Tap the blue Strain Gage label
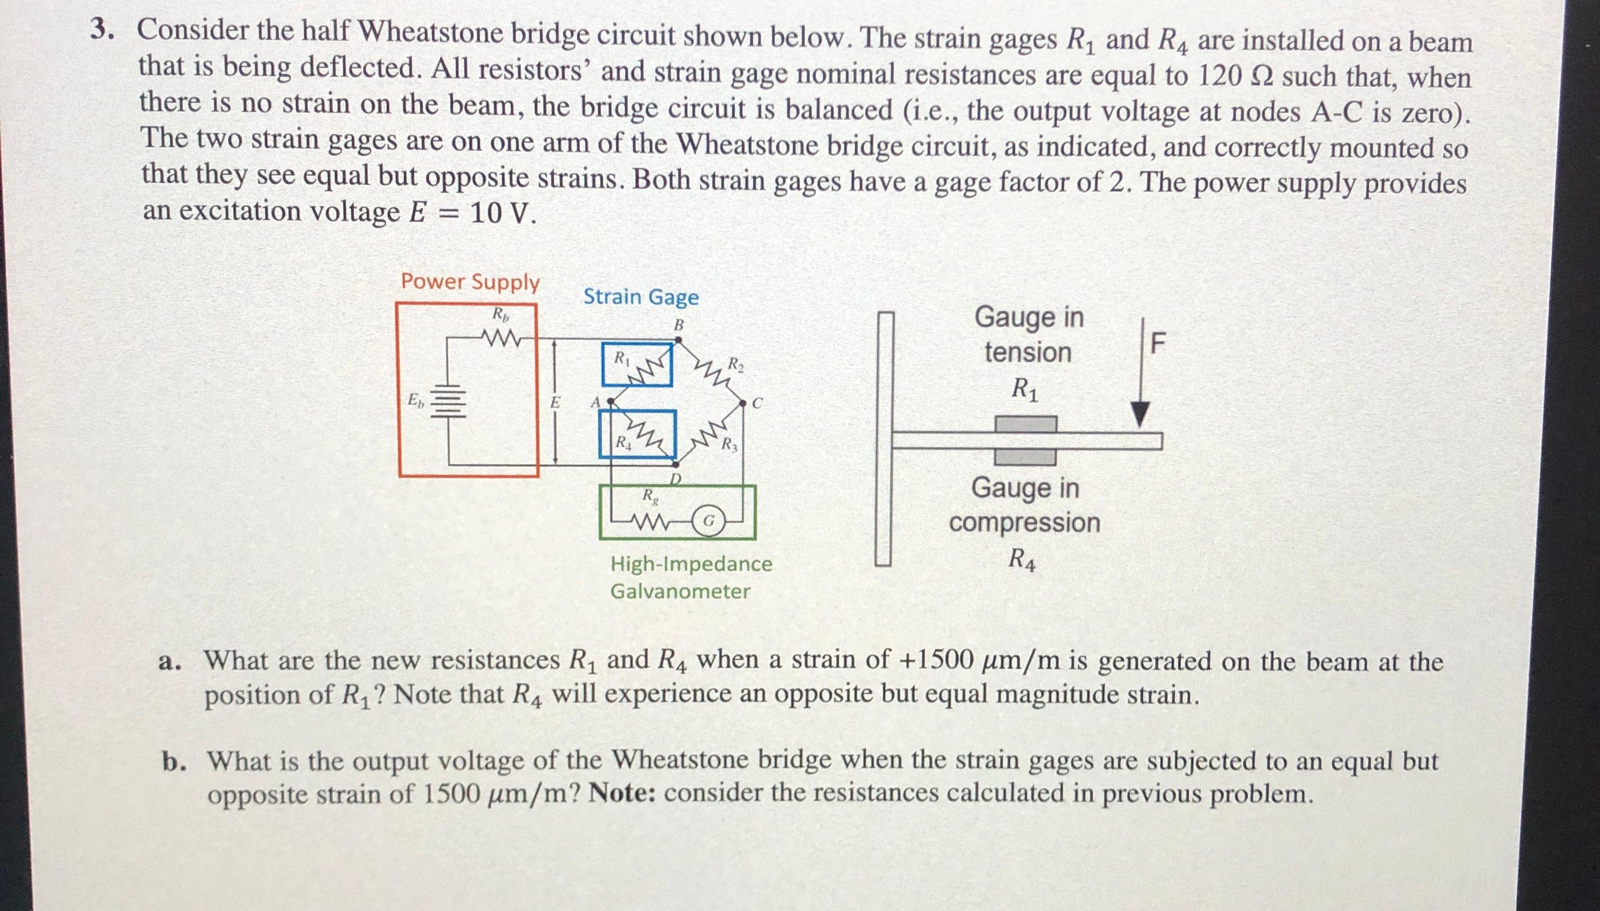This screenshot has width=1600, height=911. (640, 296)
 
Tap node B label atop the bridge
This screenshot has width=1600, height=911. (678, 326)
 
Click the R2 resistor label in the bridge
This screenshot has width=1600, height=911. (736, 364)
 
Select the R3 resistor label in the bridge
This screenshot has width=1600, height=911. (730, 446)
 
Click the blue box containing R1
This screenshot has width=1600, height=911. (637, 364)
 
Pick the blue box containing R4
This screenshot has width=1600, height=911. (637, 434)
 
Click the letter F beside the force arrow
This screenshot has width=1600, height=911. (1158, 344)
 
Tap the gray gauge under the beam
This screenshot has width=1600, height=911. (1025, 457)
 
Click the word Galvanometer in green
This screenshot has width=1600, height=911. (680, 591)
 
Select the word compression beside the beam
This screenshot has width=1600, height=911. (1024, 522)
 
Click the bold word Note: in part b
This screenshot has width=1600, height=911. (622, 793)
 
